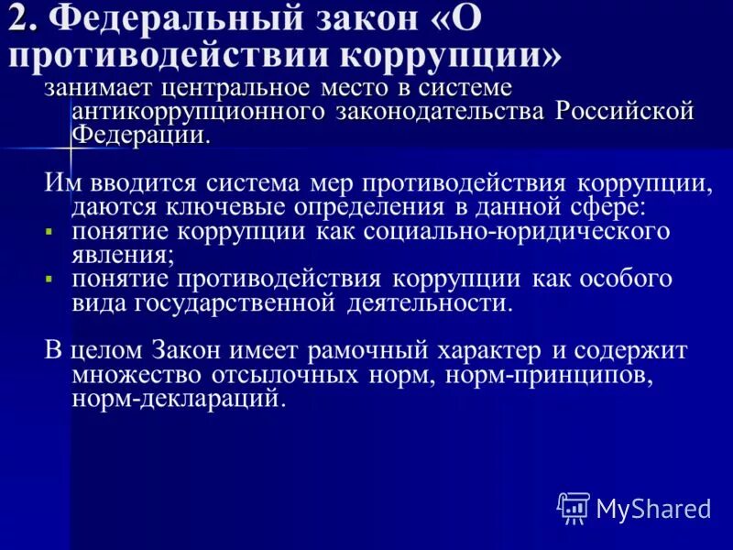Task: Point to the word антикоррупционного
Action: tap(191, 112)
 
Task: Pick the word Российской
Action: tap(627, 112)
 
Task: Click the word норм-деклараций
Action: tap(178, 399)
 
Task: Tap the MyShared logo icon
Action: tap(574, 506)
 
